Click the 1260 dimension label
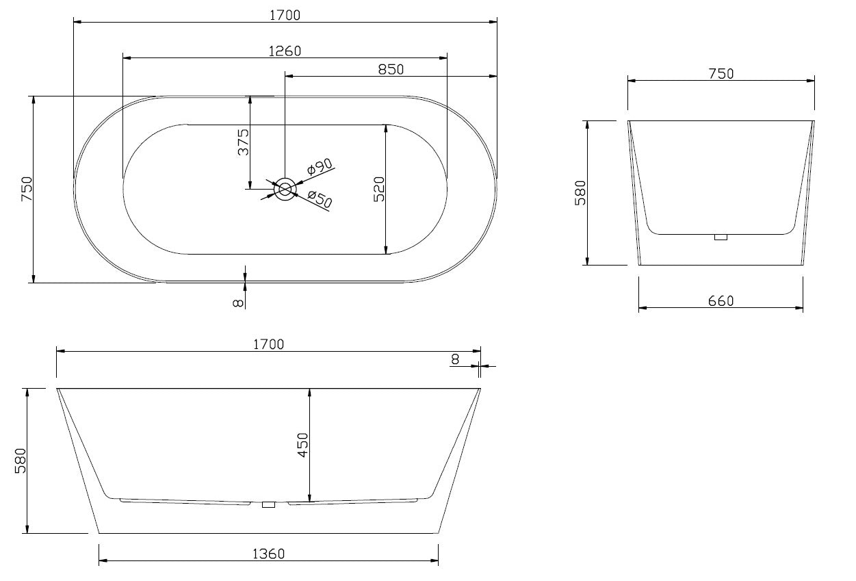click(285, 51)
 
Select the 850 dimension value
click(391, 68)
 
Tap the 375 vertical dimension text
click(243, 142)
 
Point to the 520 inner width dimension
click(379, 190)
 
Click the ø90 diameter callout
click(319, 166)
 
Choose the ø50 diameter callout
click(320, 199)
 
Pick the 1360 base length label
click(268, 554)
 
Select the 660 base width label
click(721, 300)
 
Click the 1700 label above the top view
click(285, 14)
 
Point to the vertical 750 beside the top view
click(26, 189)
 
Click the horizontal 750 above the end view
click(721, 73)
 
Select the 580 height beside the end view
click(580, 192)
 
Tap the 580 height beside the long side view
click(20, 461)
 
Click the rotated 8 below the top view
click(238, 303)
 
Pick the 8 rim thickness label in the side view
click(456, 358)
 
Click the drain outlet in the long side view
click(268, 505)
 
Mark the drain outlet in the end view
click(720, 237)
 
